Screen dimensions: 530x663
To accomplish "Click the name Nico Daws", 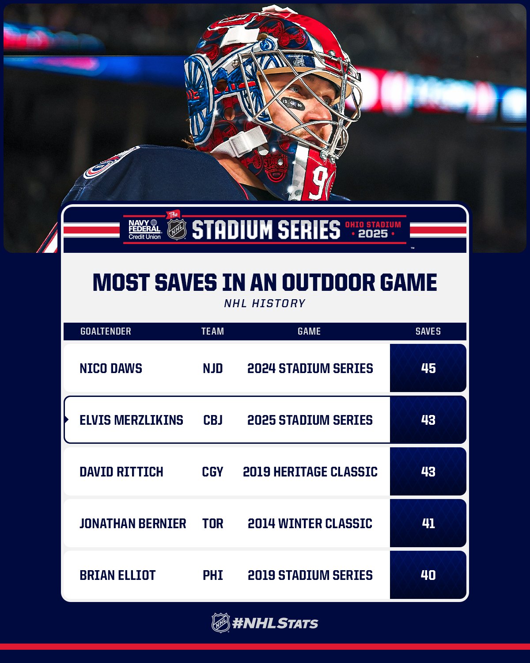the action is click(x=111, y=368).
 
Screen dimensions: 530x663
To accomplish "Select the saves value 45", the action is click(x=428, y=368).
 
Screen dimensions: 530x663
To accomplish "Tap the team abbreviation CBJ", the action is click(x=213, y=420).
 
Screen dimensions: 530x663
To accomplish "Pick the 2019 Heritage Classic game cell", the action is click(x=310, y=472).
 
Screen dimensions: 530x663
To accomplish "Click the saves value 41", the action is click(x=428, y=523).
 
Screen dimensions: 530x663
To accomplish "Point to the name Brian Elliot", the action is click(x=117, y=575).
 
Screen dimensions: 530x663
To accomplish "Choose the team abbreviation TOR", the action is click(x=213, y=523).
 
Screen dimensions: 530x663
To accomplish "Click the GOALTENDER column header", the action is click(x=106, y=331).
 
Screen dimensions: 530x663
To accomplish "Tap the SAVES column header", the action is click(x=428, y=331).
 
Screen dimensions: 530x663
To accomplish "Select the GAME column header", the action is click(x=309, y=331).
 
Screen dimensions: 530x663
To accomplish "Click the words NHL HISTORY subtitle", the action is click(x=265, y=304).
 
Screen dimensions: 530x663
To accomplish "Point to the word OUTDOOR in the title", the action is click(x=328, y=282).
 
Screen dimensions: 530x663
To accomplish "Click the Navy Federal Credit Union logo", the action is click(x=144, y=229).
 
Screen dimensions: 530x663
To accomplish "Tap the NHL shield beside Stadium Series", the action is click(x=177, y=229).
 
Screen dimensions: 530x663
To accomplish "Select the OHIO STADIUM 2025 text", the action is click(x=373, y=229).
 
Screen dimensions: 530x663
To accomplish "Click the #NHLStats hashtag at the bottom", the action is click(x=275, y=624).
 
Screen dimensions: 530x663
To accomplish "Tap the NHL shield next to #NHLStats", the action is click(x=220, y=623).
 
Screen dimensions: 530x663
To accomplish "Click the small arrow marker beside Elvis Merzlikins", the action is click(x=66, y=419).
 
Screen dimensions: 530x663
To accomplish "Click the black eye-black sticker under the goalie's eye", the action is click(x=293, y=104).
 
